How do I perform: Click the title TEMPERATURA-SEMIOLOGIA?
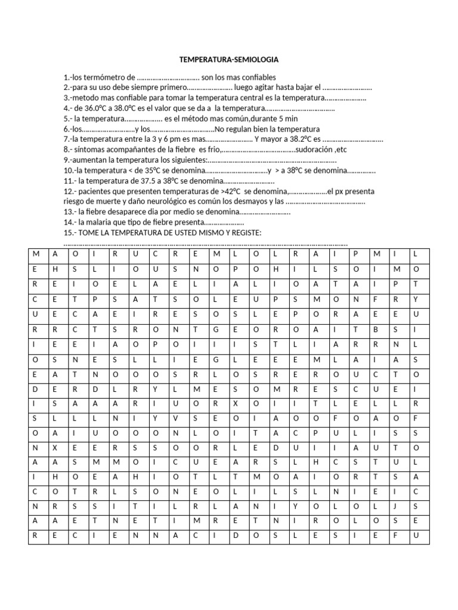(229, 60)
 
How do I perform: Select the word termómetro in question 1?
(108, 77)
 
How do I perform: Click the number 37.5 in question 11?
(142, 181)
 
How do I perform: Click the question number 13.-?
(69, 212)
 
